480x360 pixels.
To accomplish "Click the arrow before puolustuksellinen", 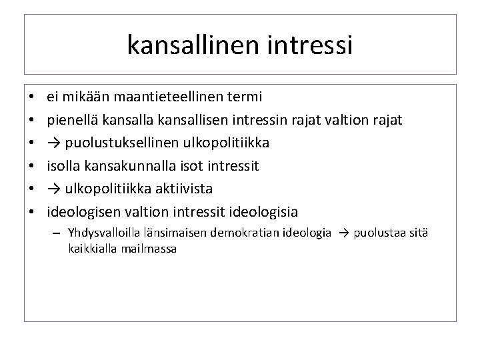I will click(53, 143).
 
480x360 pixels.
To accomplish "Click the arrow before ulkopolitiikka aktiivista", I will click(53, 189).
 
